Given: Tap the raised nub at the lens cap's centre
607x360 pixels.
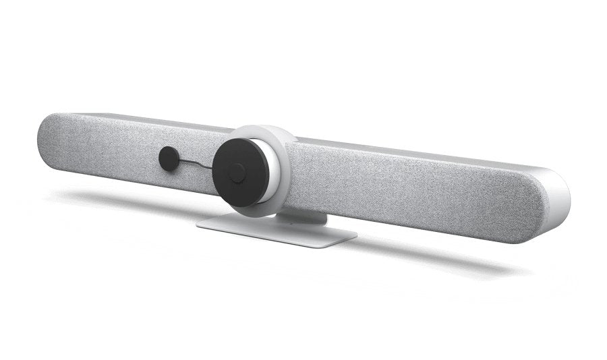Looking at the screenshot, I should coord(237,173).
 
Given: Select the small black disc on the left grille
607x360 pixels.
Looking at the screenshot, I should coord(169,158).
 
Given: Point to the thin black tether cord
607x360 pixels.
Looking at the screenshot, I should coord(196,166).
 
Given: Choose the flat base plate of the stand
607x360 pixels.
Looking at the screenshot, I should coord(277,233).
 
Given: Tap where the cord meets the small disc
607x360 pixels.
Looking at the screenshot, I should coord(177,161).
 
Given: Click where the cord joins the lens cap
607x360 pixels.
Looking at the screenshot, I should coord(214,169).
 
